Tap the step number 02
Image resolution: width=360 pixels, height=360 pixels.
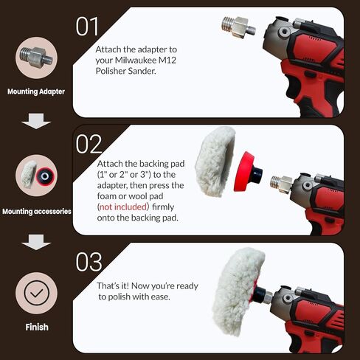tap(89, 144)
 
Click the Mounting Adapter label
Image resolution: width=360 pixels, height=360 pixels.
tap(36, 92)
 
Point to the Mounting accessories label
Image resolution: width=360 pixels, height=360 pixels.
tap(36, 211)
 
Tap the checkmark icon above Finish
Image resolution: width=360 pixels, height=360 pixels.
tap(36, 291)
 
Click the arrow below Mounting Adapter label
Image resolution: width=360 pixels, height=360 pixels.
tap(36, 120)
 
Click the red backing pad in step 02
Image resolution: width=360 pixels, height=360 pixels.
tap(249, 172)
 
